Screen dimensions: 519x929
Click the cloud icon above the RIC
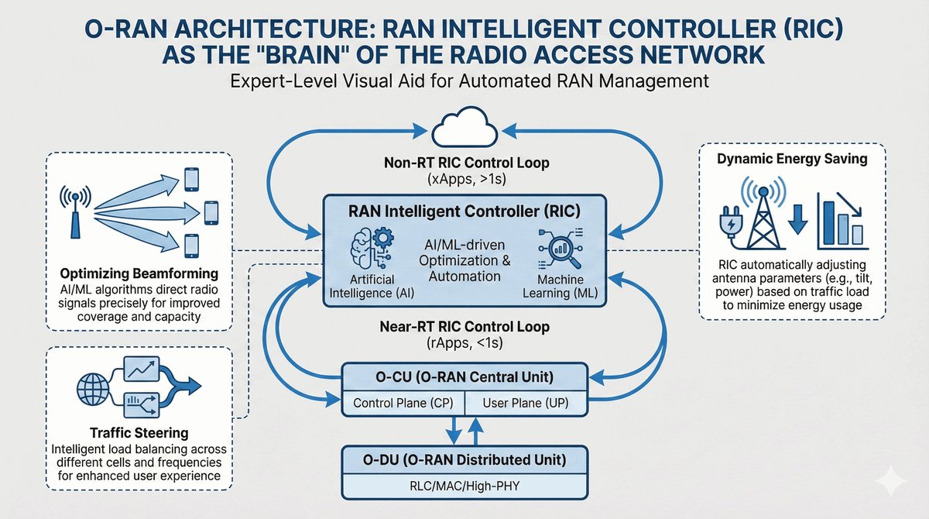pyautogui.click(x=464, y=128)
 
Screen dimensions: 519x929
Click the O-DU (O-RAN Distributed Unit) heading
pyautogui.click(x=464, y=460)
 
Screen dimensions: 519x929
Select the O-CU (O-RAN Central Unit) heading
pyautogui.click(x=464, y=379)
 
